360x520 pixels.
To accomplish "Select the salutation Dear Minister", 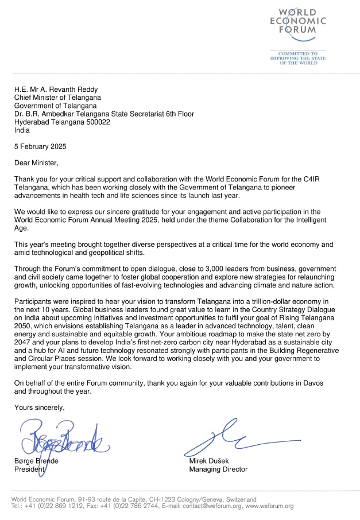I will tap(36, 163).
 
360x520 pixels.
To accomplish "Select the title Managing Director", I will tap(218, 469).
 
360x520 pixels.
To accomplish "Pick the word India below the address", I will tap(23, 130).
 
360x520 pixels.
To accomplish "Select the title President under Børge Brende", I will tap(30, 469).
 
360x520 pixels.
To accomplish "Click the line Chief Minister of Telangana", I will tap(57, 98).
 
